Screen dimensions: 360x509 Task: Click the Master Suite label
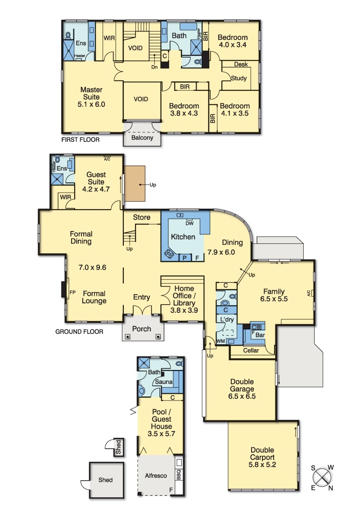91,93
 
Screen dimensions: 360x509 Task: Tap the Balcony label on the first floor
142,138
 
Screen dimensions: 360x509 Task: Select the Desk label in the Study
241,64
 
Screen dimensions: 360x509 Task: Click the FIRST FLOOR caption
81,140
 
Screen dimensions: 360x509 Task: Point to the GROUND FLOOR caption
79,331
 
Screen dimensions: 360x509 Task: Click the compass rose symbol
322,477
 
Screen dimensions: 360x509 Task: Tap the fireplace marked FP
63,289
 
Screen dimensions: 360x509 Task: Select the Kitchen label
183,237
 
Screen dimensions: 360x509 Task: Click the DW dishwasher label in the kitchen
189,223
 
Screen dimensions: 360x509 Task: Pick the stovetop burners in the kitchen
169,253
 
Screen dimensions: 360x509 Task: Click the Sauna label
164,382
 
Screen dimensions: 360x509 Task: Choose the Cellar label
251,351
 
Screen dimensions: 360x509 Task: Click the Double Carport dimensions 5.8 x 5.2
262,464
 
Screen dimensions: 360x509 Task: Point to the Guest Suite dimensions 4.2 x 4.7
96,189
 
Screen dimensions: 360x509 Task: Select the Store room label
142,217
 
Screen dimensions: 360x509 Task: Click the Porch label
142,329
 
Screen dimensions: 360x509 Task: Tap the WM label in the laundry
220,341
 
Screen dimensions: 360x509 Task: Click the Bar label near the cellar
260,335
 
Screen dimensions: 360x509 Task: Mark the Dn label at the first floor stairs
154,67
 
